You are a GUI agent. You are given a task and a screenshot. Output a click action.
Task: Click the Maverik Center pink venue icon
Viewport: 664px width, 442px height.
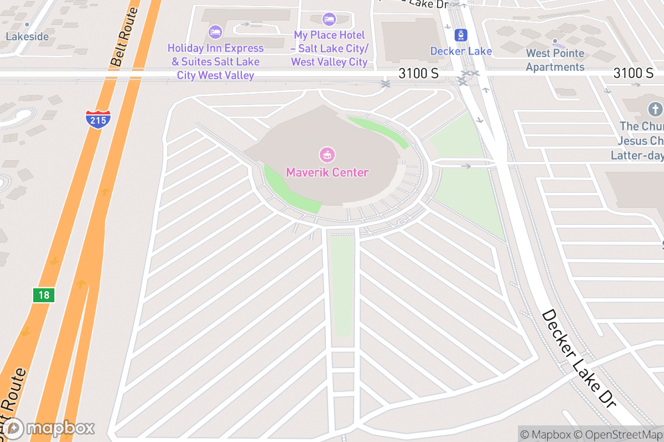[327, 155]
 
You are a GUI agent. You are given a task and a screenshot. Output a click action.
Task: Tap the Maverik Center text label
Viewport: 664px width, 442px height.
[327, 172]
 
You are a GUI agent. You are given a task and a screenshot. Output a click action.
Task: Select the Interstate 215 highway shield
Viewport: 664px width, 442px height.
[98, 119]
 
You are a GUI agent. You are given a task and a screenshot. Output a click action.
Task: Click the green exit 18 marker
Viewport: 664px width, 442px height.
[44, 295]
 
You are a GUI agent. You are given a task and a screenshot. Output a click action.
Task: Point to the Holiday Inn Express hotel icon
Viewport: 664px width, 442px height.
[215, 31]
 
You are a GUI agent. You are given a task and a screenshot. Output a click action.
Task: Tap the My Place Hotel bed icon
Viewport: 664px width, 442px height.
[329, 19]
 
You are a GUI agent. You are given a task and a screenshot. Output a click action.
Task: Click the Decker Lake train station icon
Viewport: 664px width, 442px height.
[461, 36]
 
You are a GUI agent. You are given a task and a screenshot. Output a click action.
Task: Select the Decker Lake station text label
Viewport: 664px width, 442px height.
[461, 51]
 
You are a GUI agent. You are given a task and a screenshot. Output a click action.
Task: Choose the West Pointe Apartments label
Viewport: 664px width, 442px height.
[555, 60]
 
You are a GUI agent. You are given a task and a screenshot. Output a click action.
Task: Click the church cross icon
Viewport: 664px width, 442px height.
[655, 109]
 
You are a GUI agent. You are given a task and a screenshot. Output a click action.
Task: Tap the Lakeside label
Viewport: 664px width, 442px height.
[27, 37]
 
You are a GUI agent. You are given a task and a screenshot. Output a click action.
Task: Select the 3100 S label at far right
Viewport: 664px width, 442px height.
[633, 73]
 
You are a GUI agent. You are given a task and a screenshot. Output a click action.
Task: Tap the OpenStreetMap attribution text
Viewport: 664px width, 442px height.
[620, 435]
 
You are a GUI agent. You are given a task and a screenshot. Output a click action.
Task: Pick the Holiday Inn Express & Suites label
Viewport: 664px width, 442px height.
[215, 62]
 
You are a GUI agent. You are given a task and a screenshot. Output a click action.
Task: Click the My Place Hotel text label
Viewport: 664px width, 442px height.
[329, 49]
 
